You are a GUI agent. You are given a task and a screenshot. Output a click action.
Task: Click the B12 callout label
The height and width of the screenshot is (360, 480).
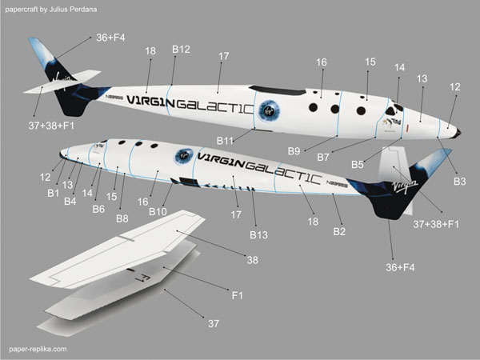[181, 50]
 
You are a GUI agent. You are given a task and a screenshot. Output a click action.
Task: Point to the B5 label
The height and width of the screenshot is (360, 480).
[358, 164]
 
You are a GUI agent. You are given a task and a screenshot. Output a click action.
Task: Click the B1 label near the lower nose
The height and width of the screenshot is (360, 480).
[54, 192]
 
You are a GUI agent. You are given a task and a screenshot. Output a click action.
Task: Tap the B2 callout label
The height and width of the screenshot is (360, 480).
[338, 232]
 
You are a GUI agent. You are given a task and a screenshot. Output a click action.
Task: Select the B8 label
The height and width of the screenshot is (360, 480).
[122, 218]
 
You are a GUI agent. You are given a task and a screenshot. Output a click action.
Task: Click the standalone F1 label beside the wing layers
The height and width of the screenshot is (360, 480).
[237, 297]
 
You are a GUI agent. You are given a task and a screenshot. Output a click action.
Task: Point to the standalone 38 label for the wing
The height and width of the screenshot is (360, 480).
[252, 260]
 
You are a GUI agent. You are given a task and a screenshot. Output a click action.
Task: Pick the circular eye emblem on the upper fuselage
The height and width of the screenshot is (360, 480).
[269, 106]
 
